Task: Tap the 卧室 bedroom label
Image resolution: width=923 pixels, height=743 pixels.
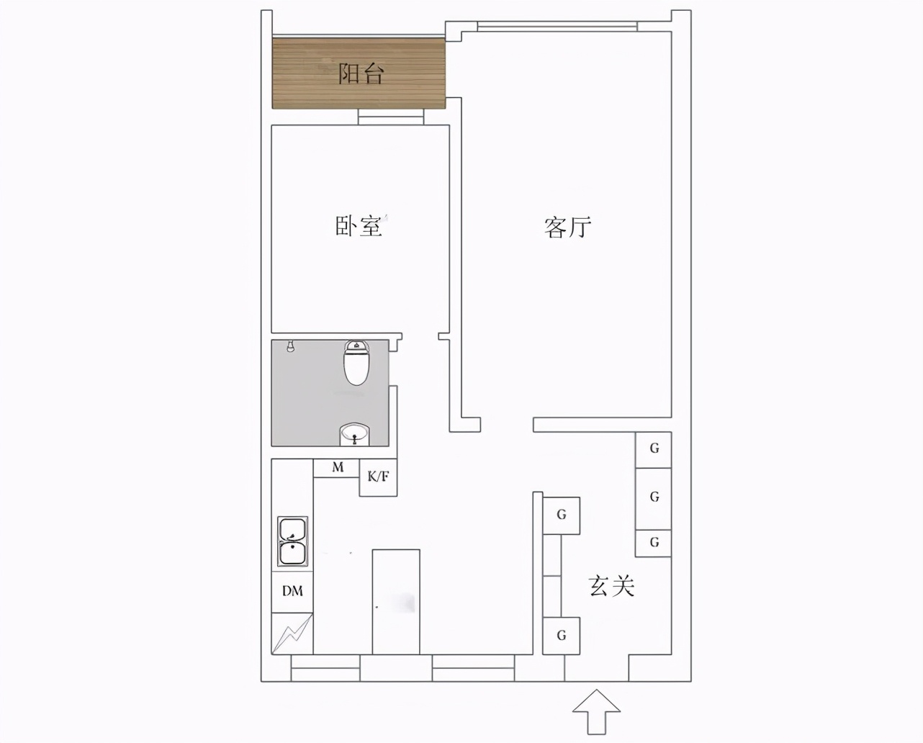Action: pyautogui.click(x=358, y=227)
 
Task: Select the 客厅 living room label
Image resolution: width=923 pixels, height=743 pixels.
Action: pyautogui.click(x=567, y=227)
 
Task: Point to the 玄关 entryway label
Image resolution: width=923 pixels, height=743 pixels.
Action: pyautogui.click(x=612, y=586)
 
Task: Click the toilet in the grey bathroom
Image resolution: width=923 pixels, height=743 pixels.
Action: pyautogui.click(x=356, y=363)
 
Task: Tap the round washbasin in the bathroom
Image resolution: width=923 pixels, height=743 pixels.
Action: pyautogui.click(x=354, y=433)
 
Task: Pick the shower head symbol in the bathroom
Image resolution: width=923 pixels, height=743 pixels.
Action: pyautogui.click(x=291, y=347)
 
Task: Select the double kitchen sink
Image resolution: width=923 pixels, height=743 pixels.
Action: pyautogui.click(x=292, y=541)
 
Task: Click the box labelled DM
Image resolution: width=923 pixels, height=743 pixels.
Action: pyautogui.click(x=292, y=591)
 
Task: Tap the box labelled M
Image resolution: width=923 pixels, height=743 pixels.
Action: pyautogui.click(x=338, y=468)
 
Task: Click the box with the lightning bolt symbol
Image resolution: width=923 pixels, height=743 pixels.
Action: pyautogui.click(x=292, y=634)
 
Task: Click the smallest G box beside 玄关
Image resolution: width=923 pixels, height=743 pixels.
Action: pyautogui.click(x=654, y=543)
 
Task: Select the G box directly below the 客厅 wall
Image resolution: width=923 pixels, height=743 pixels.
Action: pyautogui.click(x=654, y=449)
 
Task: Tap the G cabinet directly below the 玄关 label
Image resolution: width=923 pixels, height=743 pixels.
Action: pyautogui.click(x=562, y=636)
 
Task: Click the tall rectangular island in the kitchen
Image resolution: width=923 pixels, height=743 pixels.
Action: pyautogui.click(x=395, y=601)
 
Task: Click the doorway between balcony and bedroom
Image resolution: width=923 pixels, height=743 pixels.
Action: pyautogui.click(x=390, y=117)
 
